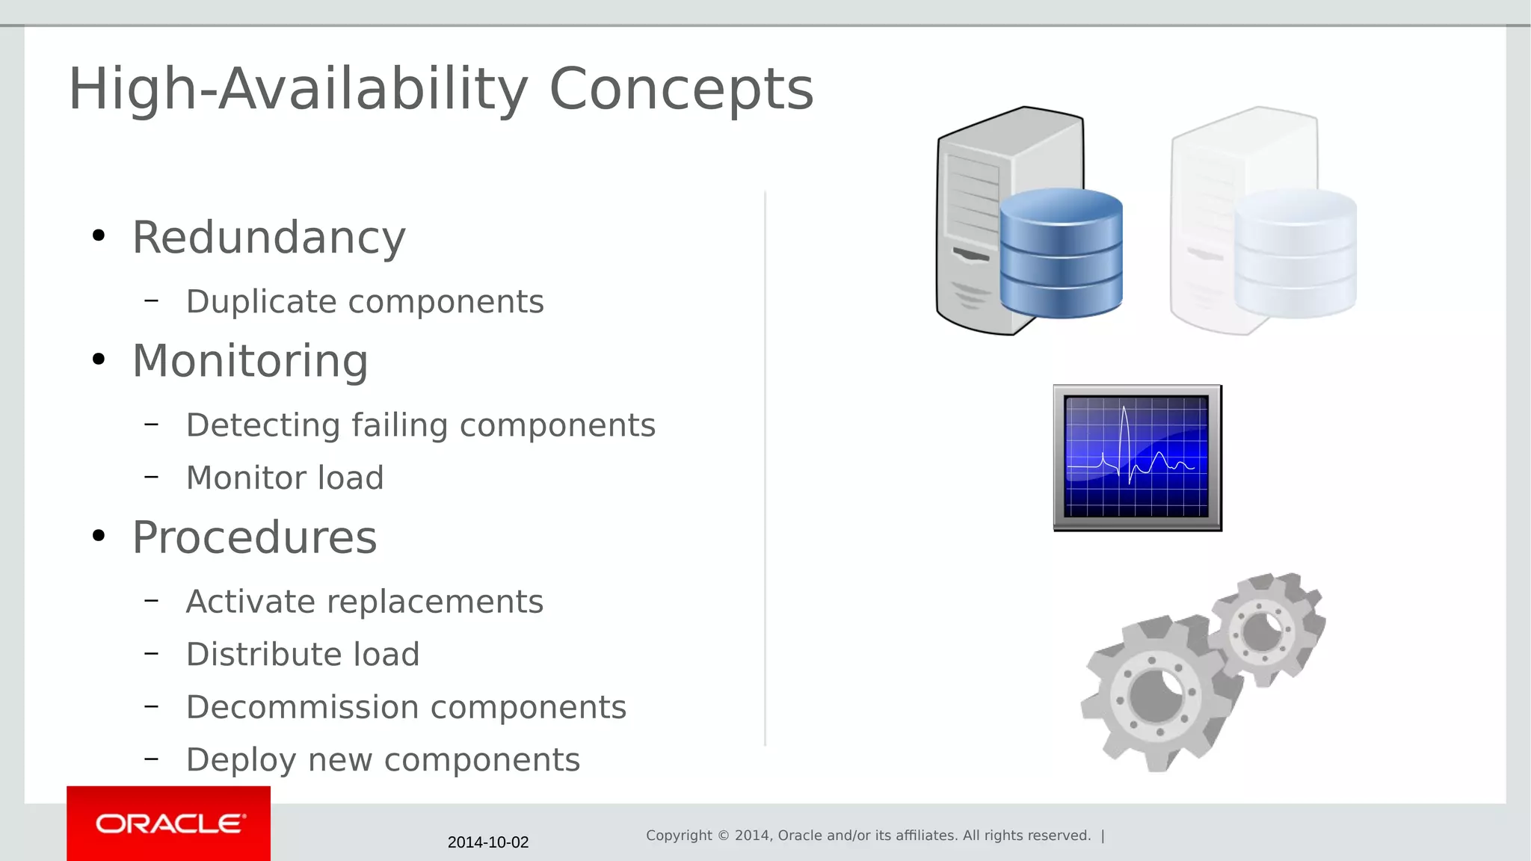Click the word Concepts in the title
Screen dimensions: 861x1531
(680, 90)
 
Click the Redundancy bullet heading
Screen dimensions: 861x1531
(268, 238)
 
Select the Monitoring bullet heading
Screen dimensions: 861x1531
(250, 361)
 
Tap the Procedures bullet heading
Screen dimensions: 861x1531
(254, 537)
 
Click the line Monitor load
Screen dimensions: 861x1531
(284, 478)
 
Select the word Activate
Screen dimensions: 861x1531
(250, 602)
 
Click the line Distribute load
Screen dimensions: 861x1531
(302, 655)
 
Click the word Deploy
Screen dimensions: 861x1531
(241, 760)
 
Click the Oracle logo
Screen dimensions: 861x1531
(169, 824)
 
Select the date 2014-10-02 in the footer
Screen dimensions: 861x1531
(487, 842)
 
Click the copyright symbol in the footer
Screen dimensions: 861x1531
(723, 836)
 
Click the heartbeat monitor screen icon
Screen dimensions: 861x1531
(1137, 457)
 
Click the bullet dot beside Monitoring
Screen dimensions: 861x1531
(99, 360)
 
